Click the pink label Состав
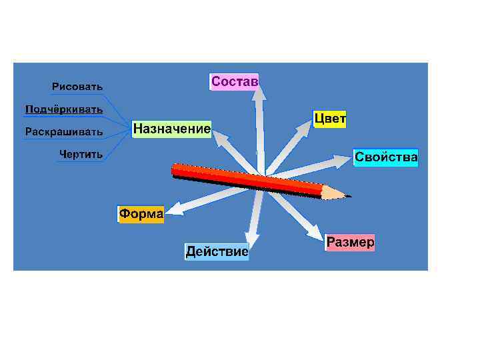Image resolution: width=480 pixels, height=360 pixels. pos(234,81)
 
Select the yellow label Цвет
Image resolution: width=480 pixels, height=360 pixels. pos(330,119)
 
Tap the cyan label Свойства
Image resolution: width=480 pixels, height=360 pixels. pos(385,157)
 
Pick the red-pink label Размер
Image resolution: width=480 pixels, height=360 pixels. pos(350,242)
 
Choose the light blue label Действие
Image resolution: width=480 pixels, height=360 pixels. pos(217,251)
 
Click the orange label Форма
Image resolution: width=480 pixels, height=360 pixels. pos(141,214)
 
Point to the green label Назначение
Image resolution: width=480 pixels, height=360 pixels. pos(171,128)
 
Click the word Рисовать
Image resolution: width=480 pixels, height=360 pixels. pos(77,87)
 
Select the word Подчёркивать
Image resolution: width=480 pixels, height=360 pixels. pos(64,109)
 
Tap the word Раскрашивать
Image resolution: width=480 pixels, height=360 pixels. pos(64,131)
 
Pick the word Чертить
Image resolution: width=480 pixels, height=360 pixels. pos(81,154)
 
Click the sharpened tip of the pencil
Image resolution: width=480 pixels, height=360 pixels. pos(348,196)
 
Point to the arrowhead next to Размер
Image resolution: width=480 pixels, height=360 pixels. pos(315,233)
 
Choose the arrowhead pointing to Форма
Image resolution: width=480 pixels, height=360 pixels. pos(173,211)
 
